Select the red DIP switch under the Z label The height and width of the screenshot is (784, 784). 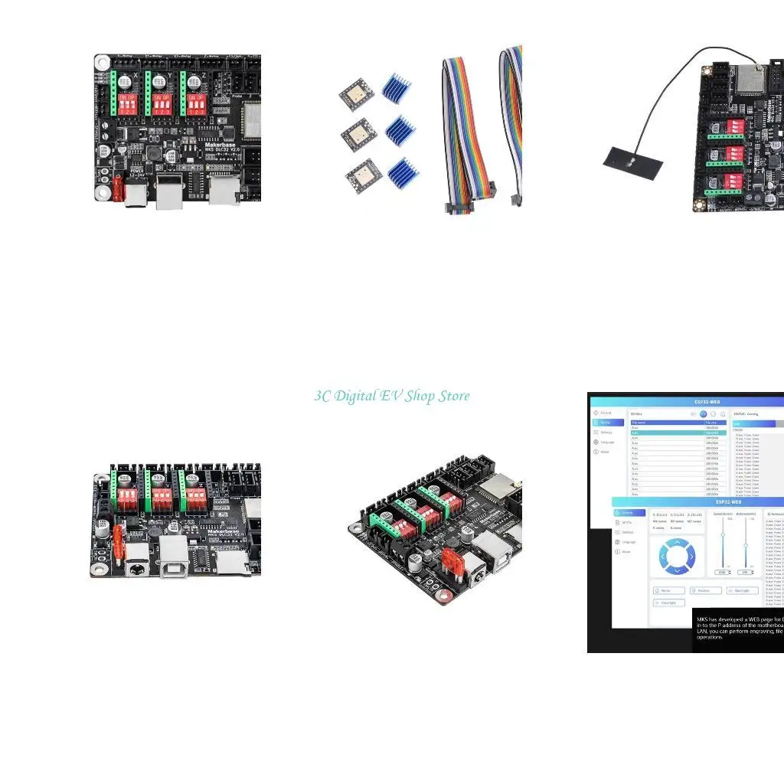coord(195,107)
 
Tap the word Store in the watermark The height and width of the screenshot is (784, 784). coord(454,396)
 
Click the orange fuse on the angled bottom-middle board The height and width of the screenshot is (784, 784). coord(452,559)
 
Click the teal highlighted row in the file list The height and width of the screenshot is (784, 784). coord(678,433)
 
